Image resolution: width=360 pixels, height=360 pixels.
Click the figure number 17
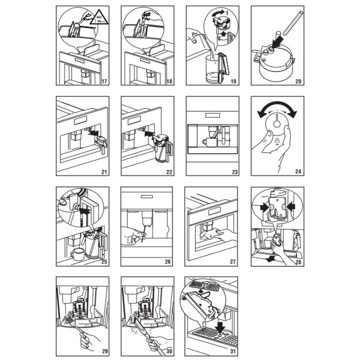coord(104,81)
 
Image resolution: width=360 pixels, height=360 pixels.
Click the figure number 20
coord(298,81)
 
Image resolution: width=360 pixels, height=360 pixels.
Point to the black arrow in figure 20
coord(276,42)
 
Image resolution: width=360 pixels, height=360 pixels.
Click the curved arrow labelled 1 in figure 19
coord(219,13)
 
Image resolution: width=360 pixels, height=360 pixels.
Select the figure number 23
coord(235,172)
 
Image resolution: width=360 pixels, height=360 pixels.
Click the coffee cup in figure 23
coord(209,142)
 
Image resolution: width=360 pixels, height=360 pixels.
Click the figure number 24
coord(298,171)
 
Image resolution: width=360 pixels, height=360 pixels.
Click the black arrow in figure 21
coord(94,133)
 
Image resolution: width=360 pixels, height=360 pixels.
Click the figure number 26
coord(168,261)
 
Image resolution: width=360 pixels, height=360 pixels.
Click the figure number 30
coord(169,351)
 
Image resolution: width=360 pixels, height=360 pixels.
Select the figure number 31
coord(233,351)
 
